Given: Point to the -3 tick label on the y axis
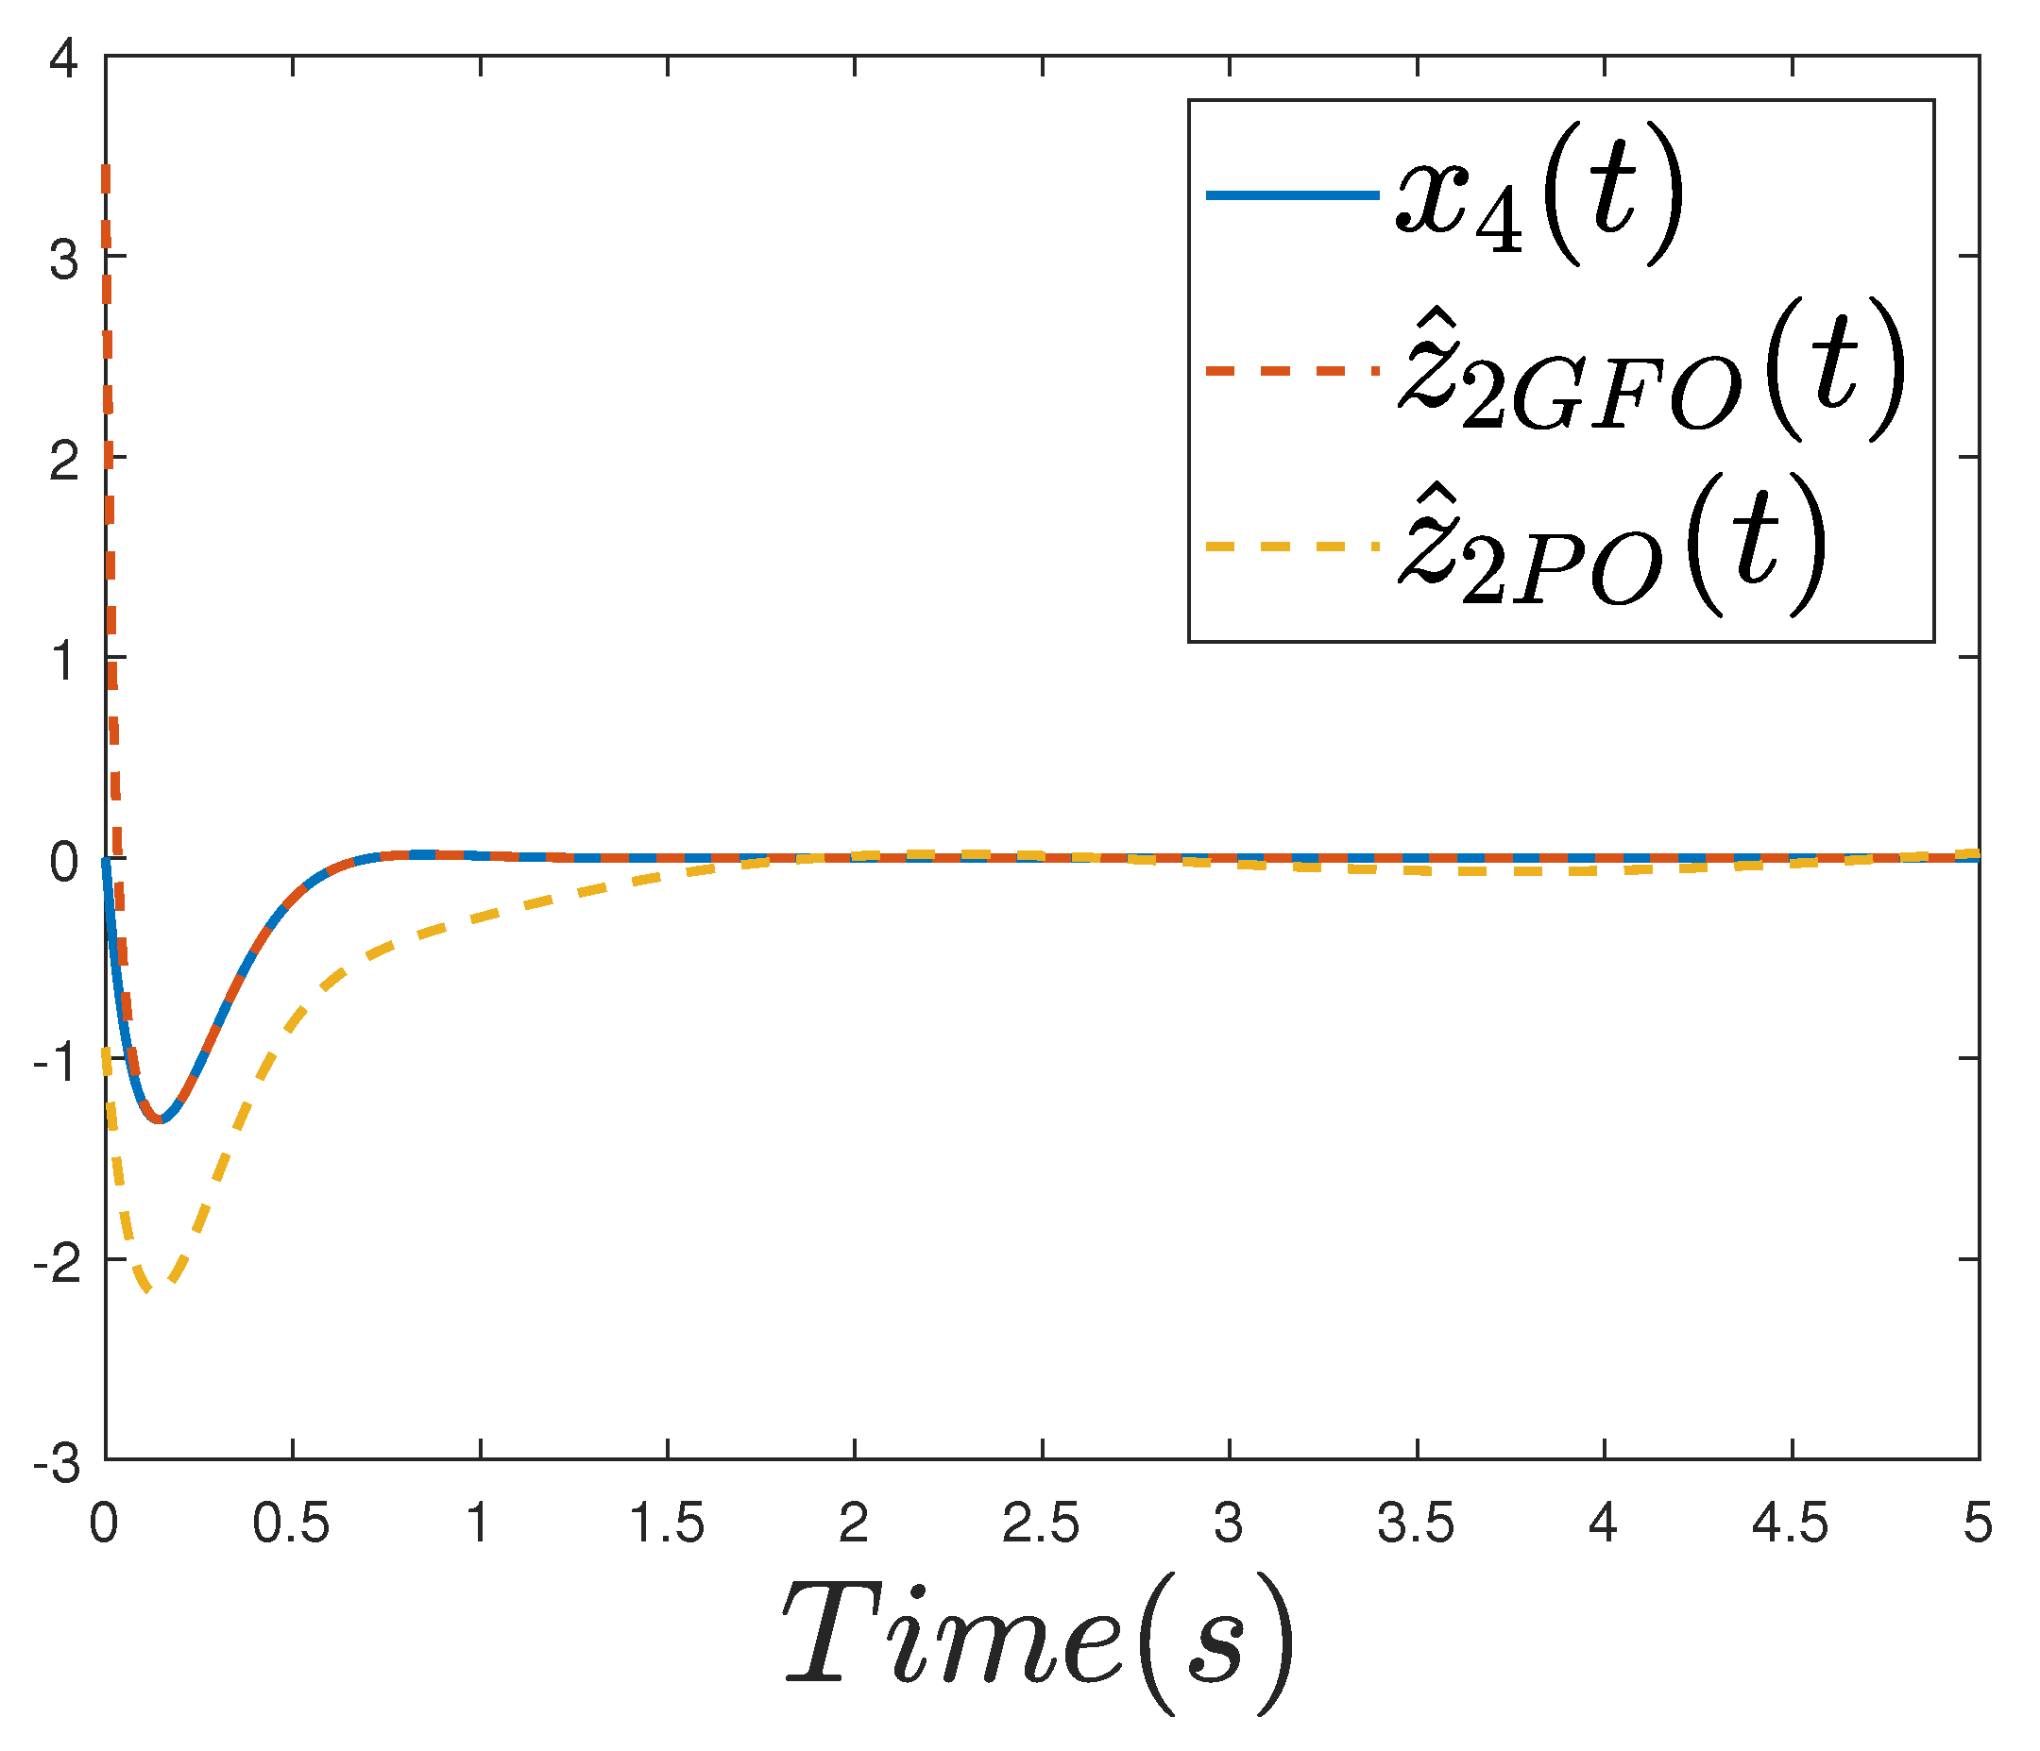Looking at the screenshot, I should click(x=56, y=1465).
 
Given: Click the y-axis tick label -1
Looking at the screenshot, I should click(x=56, y=1063).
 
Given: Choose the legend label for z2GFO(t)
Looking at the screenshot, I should click(x=1649, y=374).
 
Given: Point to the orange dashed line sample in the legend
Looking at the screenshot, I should click(x=1291, y=371).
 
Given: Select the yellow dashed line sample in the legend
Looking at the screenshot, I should click(x=1291, y=545).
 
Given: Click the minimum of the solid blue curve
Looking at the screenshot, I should click(x=161, y=1121).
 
